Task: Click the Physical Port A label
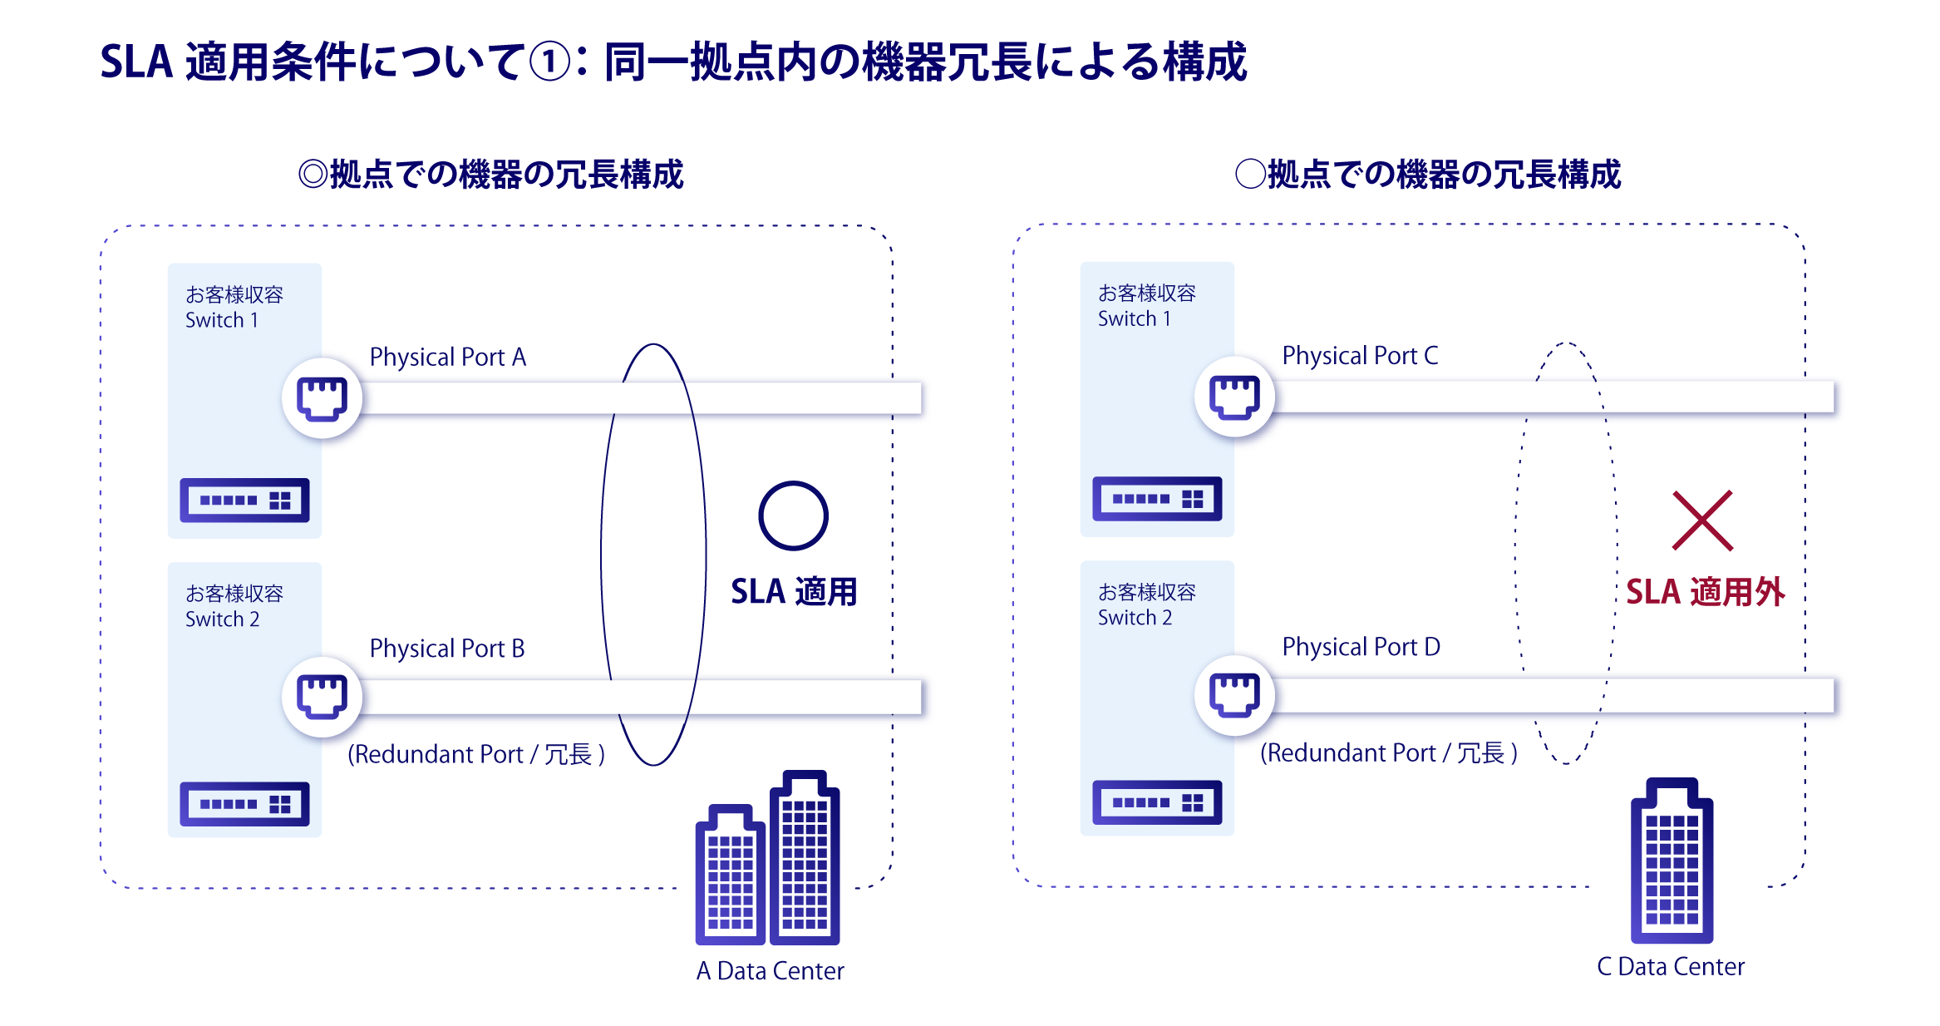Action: tap(447, 357)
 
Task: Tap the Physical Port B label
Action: tap(446, 648)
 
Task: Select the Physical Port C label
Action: tap(1359, 355)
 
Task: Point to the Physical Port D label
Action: tap(1361, 646)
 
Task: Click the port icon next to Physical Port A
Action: tap(322, 397)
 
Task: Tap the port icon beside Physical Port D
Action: tap(1234, 694)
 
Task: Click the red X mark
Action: tap(1702, 520)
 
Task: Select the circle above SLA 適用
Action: tap(793, 515)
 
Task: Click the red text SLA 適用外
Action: tap(1705, 592)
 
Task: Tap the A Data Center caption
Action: tap(770, 970)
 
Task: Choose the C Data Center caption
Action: tap(1671, 966)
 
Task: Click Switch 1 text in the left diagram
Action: tap(221, 320)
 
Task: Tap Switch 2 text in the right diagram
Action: tap(1135, 618)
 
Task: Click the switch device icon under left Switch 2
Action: tap(244, 803)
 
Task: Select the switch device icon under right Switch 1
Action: tap(1157, 498)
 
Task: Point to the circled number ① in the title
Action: tap(550, 62)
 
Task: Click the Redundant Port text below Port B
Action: tap(475, 754)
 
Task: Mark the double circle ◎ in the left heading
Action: tap(313, 175)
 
